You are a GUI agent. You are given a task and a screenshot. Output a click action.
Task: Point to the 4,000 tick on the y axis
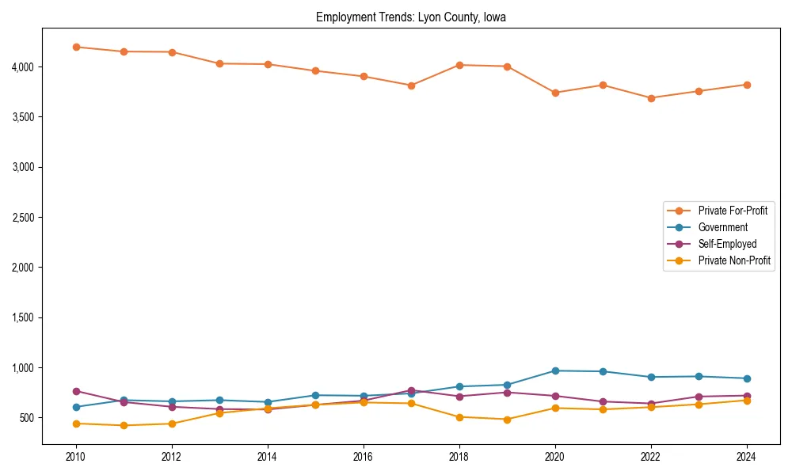click(x=22, y=67)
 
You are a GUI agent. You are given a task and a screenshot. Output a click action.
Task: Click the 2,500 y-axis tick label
click(x=22, y=218)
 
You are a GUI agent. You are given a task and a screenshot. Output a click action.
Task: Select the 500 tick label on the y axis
click(x=27, y=418)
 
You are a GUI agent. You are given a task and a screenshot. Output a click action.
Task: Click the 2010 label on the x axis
click(x=76, y=457)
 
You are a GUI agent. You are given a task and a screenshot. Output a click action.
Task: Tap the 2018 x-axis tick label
click(x=459, y=457)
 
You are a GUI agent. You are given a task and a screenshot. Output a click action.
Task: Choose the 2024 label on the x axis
click(x=747, y=457)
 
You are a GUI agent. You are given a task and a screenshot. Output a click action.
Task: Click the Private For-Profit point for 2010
click(x=76, y=47)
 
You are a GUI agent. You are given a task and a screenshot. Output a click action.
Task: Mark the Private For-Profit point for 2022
click(x=651, y=98)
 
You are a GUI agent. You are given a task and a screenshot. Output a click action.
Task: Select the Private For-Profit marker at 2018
click(x=459, y=65)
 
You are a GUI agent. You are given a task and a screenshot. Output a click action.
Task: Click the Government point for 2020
click(x=555, y=370)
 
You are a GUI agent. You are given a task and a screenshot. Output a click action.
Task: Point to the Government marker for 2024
click(x=747, y=378)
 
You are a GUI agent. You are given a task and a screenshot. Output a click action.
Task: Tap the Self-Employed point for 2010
click(x=76, y=391)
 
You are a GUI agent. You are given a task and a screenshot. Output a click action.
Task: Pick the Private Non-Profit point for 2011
click(x=124, y=425)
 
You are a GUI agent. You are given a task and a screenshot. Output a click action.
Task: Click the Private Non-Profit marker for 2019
click(x=507, y=420)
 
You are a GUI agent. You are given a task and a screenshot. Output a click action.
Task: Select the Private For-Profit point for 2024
click(x=747, y=85)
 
